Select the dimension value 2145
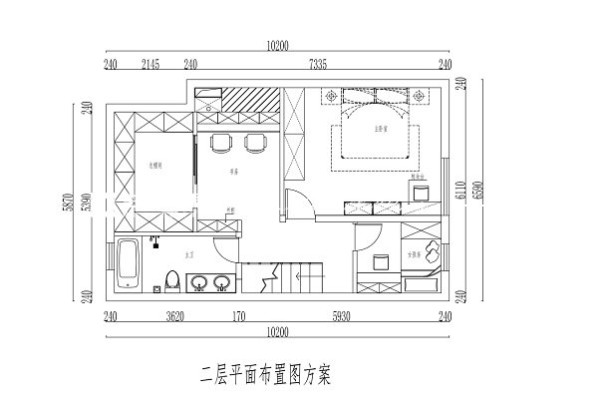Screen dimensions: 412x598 point(151,64)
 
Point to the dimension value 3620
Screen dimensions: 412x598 point(174,317)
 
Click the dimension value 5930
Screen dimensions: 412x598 point(341,317)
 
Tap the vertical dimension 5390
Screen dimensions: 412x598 point(87,202)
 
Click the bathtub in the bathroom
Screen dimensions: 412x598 point(129,265)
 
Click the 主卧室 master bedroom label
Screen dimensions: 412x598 point(380,129)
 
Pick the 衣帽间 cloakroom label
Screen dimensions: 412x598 point(155,165)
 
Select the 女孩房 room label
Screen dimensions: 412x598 point(414,255)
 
